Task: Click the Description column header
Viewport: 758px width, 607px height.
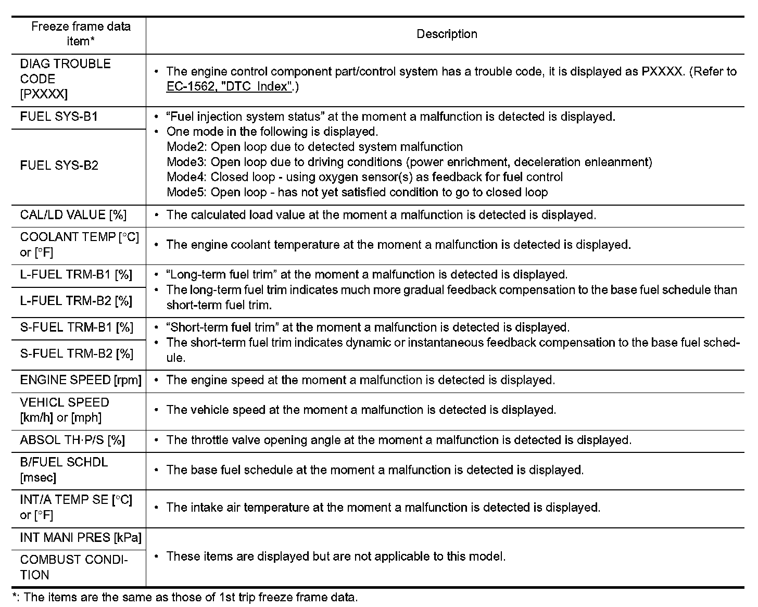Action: tap(447, 34)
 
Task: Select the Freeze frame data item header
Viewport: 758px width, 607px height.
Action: tap(81, 34)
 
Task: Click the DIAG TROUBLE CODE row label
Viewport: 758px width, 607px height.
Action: tap(66, 79)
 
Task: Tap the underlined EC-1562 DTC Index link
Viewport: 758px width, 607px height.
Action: tap(228, 86)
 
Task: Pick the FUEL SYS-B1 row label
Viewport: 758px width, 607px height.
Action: tap(59, 117)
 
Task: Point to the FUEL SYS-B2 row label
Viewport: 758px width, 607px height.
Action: tap(59, 166)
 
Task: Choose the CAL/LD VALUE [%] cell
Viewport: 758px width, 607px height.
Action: tap(73, 215)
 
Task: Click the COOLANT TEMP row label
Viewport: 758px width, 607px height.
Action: tap(79, 245)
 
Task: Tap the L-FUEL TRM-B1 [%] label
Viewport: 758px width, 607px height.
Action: tap(76, 274)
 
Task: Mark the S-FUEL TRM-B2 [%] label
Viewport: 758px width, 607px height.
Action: tap(77, 354)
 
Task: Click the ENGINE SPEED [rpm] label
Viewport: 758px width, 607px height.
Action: tap(81, 380)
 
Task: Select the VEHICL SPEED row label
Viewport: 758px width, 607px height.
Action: tap(65, 410)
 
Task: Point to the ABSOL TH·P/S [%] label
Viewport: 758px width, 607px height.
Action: tap(72, 440)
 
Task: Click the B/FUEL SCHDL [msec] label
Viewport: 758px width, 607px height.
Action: tap(64, 470)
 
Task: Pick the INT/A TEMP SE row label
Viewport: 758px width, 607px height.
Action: tap(76, 507)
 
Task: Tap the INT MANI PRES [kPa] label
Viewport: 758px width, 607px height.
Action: tap(81, 537)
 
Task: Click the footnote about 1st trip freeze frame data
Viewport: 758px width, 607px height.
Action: tap(185, 598)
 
